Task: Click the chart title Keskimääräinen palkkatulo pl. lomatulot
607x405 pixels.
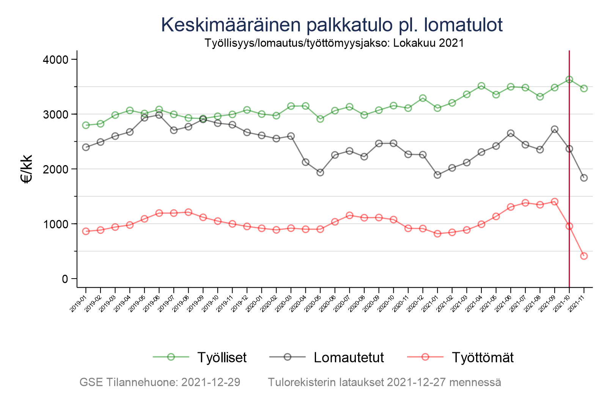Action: point(332,25)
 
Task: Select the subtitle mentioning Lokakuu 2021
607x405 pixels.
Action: point(334,43)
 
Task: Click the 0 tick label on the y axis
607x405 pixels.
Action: point(64,279)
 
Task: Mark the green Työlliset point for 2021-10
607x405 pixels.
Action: point(569,80)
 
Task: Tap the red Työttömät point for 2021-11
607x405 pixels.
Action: point(584,256)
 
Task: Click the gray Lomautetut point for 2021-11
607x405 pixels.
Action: point(584,178)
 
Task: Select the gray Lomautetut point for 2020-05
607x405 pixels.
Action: point(320,172)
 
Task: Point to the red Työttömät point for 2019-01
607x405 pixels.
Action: point(86,232)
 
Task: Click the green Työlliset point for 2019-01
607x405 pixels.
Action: point(86,125)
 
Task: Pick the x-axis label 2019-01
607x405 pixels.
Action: point(79,305)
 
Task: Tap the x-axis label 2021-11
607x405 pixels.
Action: point(577,305)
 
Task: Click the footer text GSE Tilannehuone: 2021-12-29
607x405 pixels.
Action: point(160,382)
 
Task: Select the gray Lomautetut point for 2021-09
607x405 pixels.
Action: point(555,129)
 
